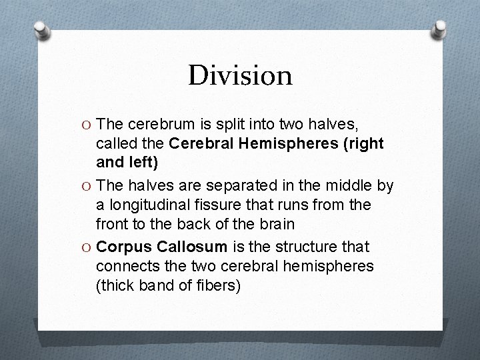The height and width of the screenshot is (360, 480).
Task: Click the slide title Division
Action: pos(240,75)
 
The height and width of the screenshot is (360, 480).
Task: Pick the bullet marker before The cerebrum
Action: pos(87,124)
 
